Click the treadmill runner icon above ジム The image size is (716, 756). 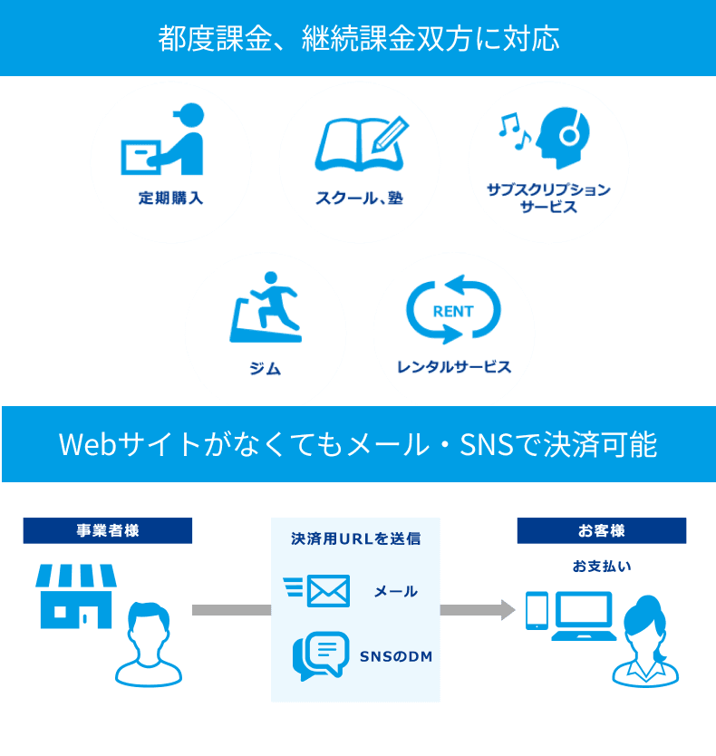[x=265, y=307]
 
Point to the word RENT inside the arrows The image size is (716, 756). [x=453, y=311]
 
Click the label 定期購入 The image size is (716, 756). [x=170, y=198]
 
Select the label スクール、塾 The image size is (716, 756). [x=359, y=199]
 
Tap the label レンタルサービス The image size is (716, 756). [x=453, y=367]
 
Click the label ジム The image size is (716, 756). [x=265, y=368]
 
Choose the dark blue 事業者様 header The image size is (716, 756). [x=108, y=530]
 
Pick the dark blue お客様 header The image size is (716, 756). [x=602, y=530]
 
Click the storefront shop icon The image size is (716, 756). [x=76, y=595]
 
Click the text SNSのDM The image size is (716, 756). [x=396, y=655]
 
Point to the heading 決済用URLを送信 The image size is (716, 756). [x=355, y=538]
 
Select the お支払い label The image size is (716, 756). [x=602, y=567]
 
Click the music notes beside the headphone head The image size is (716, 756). [x=513, y=131]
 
